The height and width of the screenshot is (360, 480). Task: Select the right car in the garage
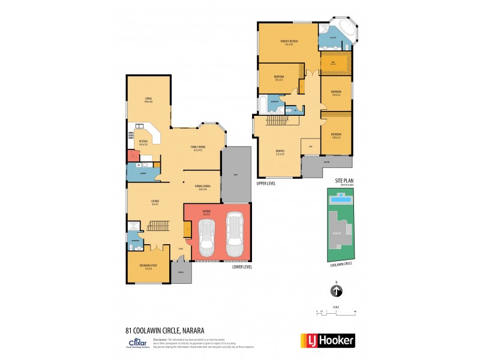point(234,238)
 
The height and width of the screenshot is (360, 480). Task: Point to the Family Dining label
point(198,148)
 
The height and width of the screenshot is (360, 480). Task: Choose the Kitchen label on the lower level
point(143,143)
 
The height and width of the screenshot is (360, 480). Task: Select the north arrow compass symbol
point(337,291)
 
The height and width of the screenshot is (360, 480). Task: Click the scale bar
point(337,311)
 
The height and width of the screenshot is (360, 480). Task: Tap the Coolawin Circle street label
point(341,263)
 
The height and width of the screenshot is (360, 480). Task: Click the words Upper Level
point(266,183)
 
